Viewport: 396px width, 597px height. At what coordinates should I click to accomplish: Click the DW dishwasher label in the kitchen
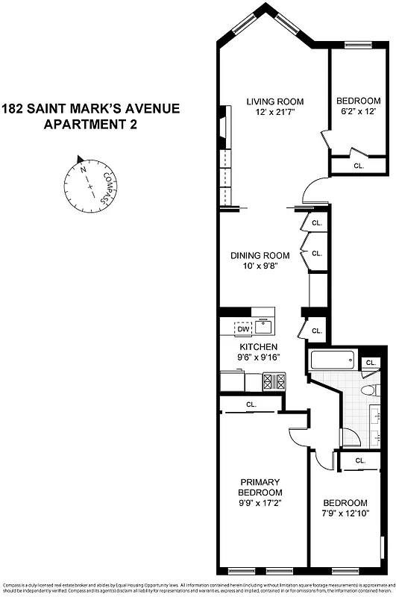(x=243, y=328)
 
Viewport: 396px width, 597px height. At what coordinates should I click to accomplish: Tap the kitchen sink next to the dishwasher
(x=263, y=325)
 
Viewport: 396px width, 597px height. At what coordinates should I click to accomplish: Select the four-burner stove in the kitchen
(x=273, y=381)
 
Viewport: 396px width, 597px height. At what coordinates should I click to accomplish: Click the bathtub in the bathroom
(x=332, y=363)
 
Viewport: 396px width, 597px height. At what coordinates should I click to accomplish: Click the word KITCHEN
(x=258, y=347)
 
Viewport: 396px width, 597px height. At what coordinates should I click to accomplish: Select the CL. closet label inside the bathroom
(x=371, y=363)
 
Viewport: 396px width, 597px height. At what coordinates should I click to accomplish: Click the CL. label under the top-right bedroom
(x=358, y=166)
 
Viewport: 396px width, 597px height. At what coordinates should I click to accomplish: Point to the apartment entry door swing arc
(x=315, y=190)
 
